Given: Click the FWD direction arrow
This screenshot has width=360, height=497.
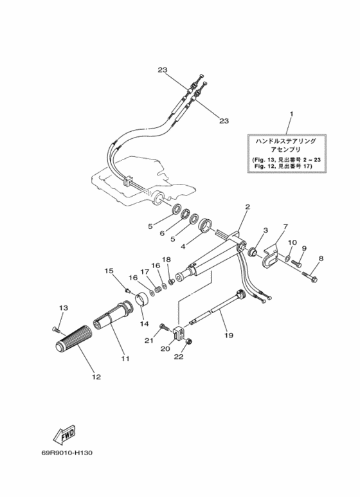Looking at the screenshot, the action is click(x=64, y=435).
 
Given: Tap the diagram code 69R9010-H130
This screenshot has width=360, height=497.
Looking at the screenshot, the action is click(x=67, y=453).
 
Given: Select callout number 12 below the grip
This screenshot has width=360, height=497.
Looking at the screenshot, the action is click(x=96, y=377).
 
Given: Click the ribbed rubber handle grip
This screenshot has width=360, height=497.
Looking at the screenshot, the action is click(x=73, y=339).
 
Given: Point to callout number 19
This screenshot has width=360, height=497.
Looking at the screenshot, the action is click(x=229, y=335).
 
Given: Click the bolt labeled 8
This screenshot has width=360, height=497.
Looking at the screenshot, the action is click(x=310, y=276).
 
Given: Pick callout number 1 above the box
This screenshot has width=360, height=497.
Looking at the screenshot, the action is click(x=292, y=113).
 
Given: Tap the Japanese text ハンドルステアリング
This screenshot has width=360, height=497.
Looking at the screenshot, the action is click(x=286, y=141).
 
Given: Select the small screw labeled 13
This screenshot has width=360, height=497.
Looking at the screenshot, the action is click(x=56, y=329).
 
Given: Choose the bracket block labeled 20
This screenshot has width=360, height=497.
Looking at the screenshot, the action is click(x=179, y=332).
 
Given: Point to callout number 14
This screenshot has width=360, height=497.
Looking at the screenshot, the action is click(x=144, y=323).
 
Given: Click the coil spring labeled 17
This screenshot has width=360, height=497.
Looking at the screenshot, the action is click(x=157, y=289).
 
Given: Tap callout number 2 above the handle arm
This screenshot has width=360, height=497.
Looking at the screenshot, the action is click(x=248, y=206).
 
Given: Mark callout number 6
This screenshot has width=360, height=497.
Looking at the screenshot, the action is click(x=162, y=233).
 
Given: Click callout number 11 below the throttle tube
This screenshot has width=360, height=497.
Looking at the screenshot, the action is click(x=125, y=359).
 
